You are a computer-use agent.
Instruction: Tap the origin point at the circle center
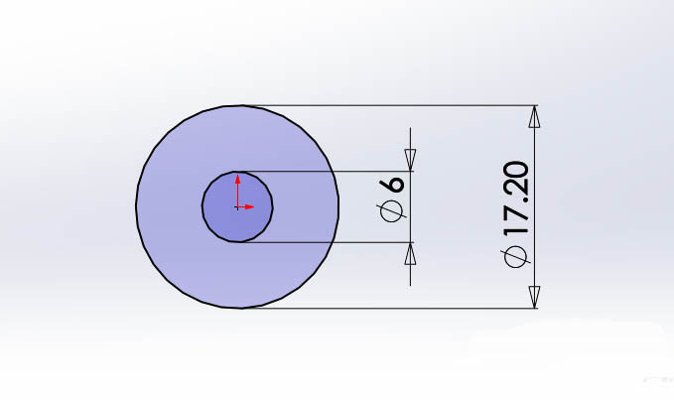coord(237,206)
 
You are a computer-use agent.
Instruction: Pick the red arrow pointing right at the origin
coord(249,206)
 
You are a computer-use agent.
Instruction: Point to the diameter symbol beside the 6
coord(393,210)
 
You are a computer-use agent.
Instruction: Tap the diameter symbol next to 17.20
coord(517,257)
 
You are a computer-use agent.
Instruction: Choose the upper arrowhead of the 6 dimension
coord(410,160)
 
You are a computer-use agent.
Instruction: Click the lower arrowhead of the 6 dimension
coord(410,254)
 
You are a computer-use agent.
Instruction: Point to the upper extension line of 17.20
coord(397,105)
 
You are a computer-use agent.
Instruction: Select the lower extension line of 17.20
coord(397,308)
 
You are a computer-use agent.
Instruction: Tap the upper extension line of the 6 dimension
coord(328,172)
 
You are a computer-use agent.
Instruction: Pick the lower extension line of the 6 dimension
coord(328,242)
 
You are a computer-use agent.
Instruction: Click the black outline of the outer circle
coord(136,206)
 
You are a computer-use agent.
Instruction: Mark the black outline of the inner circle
coord(202,206)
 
